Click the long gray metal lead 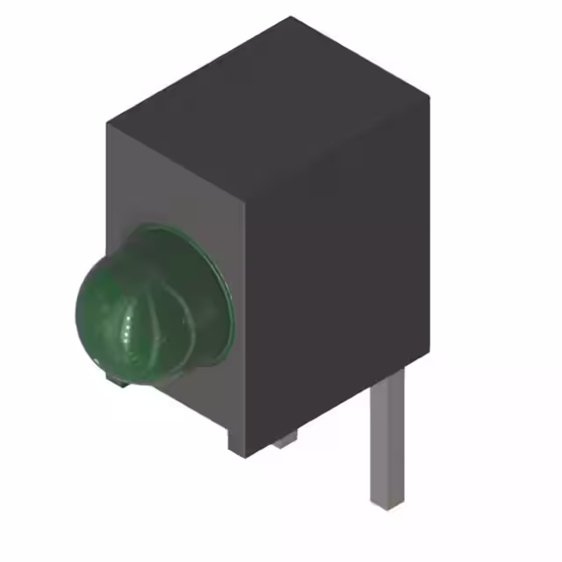click(x=387, y=448)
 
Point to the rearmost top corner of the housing click(x=291, y=18)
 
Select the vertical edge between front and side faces click(x=245, y=325)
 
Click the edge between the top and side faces click(x=338, y=145)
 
